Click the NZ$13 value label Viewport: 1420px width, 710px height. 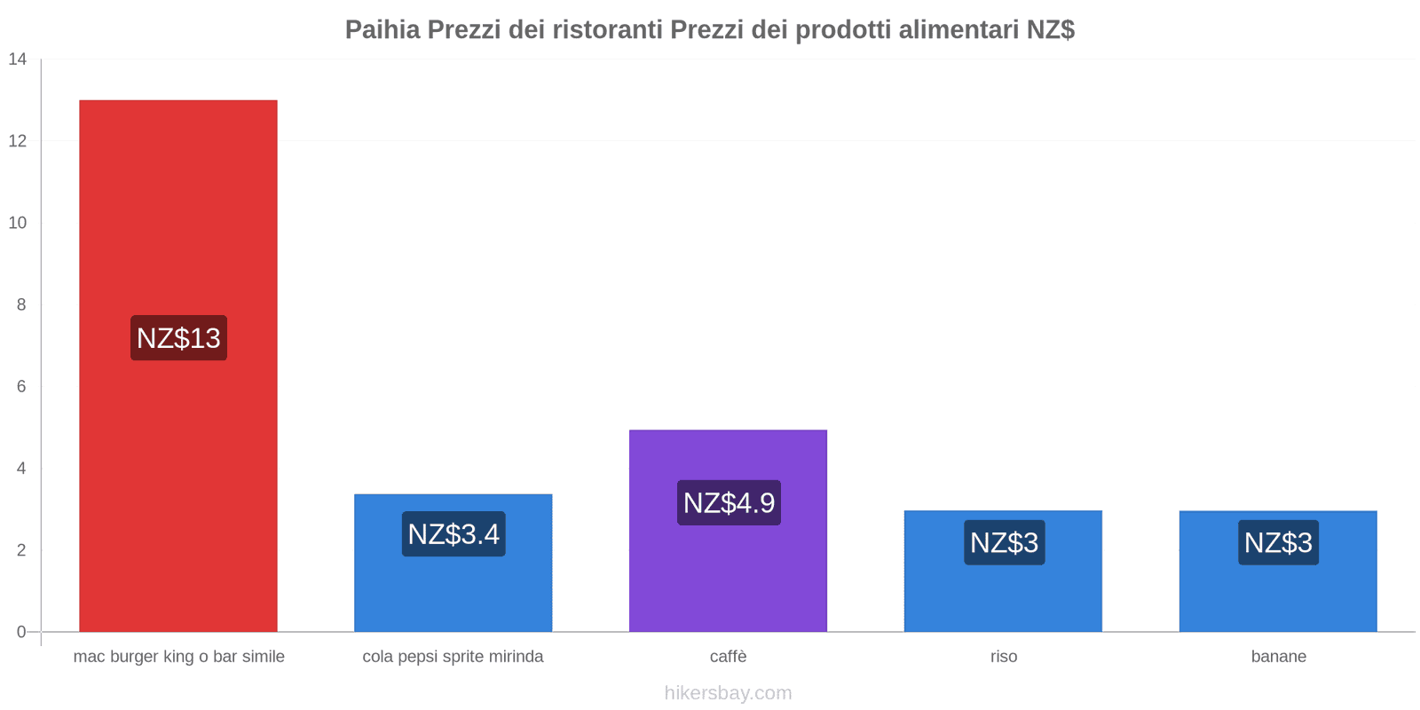click(178, 338)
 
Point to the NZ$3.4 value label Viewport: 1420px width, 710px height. click(454, 534)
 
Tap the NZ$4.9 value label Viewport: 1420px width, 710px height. click(729, 503)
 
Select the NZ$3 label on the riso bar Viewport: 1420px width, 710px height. click(1004, 542)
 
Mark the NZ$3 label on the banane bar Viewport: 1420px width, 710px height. click(1278, 542)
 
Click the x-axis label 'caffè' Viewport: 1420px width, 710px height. click(728, 657)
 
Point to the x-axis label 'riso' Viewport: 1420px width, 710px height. click(1004, 657)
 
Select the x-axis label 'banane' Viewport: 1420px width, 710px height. click(1278, 657)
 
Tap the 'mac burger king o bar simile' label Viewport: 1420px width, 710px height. click(178, 657)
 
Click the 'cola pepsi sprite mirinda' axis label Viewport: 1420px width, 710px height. click(453, 657)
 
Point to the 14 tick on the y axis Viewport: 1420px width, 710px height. click(18, 59)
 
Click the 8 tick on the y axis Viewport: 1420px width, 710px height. click(21, 304)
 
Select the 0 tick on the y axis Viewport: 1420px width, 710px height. click(21, 632)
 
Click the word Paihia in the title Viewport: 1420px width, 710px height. click(382, 30)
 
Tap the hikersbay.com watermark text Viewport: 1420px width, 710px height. click(728, 693)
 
